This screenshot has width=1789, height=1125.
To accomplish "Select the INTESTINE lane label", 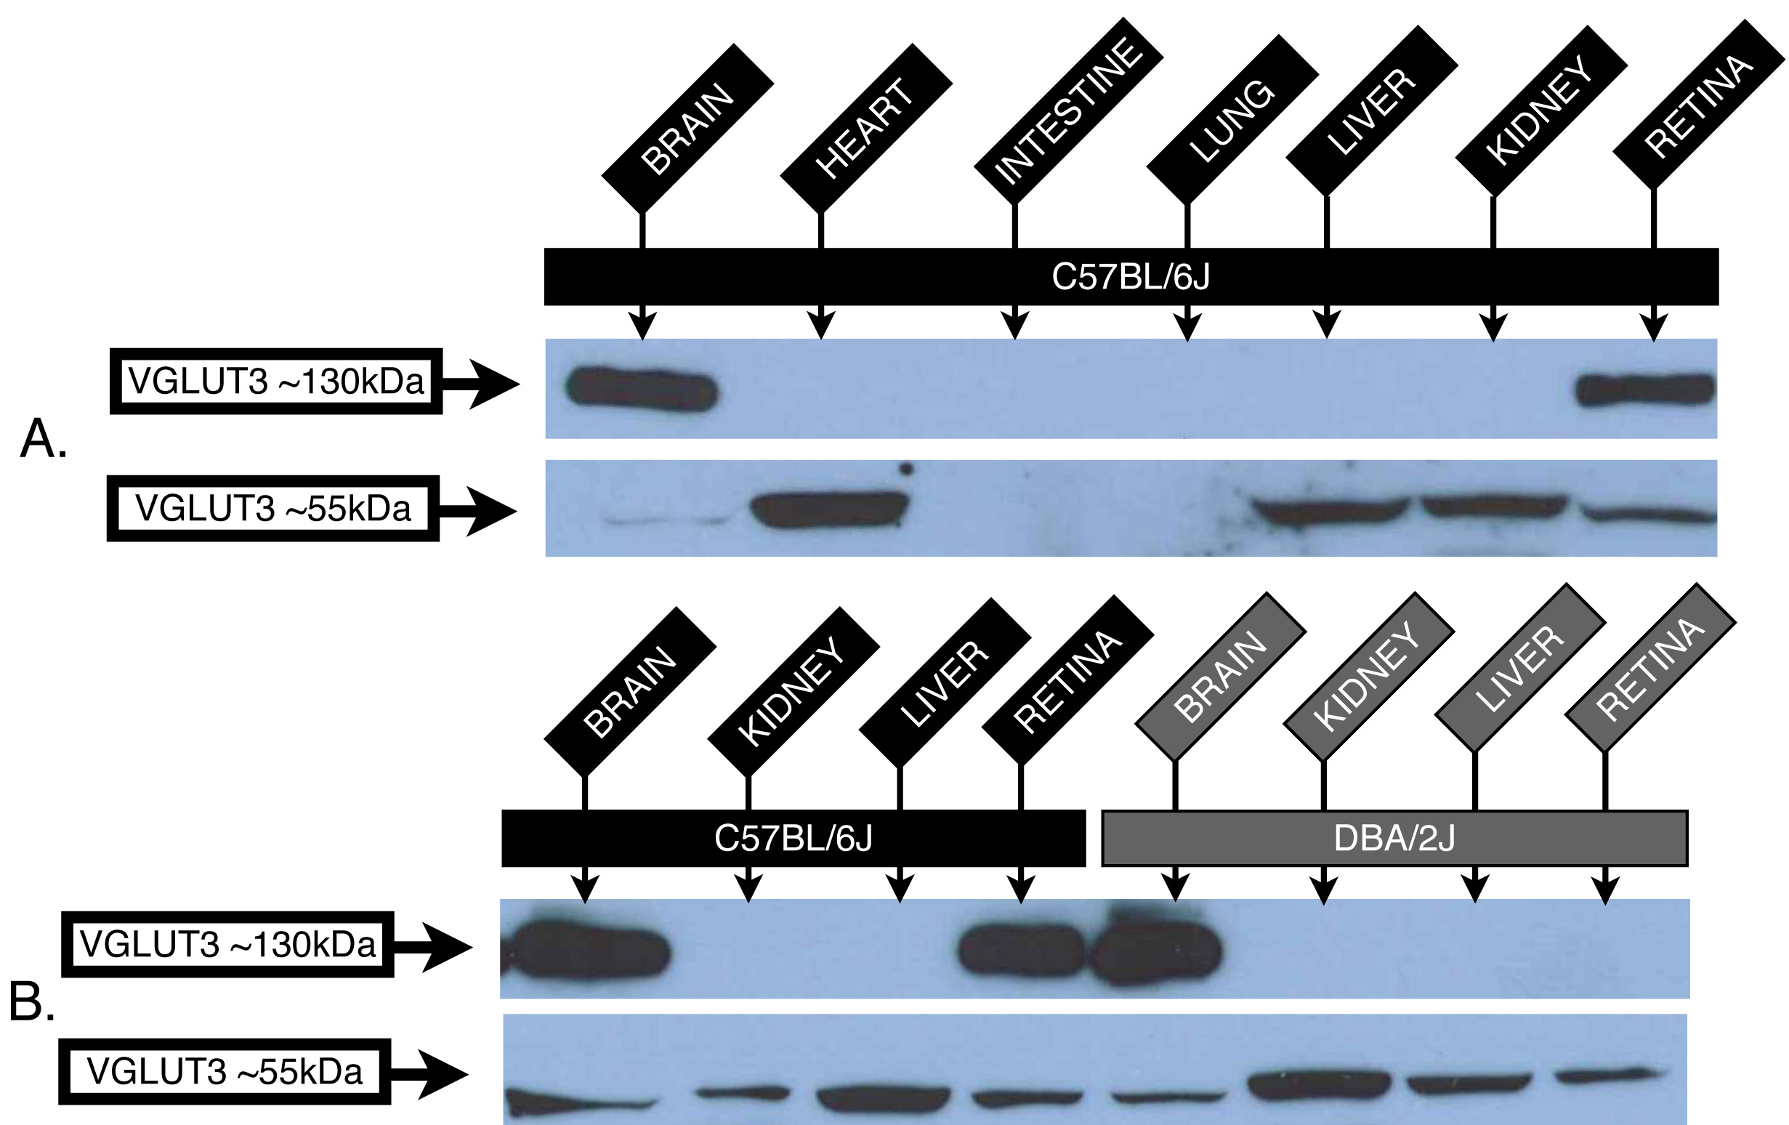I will coord(1067,111).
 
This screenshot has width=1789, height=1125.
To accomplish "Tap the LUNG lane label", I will coord(1232,121).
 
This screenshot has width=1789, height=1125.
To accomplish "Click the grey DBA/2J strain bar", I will coord(1394,838).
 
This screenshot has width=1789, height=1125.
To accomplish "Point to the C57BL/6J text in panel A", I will coord(1130,277).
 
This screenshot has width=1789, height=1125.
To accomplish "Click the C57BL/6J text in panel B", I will coord(793,838).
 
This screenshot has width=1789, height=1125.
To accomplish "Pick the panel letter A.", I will coord(43,438).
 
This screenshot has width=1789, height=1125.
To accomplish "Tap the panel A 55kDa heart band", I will coord(828,509).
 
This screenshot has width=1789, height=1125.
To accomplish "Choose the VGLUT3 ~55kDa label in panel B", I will coord(225,1071).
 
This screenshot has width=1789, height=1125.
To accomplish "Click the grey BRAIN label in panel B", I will coord(1220,676).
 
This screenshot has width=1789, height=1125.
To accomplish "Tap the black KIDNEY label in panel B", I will coord(792,691).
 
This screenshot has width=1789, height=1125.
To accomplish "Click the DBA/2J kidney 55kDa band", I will coord(1319,1086).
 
